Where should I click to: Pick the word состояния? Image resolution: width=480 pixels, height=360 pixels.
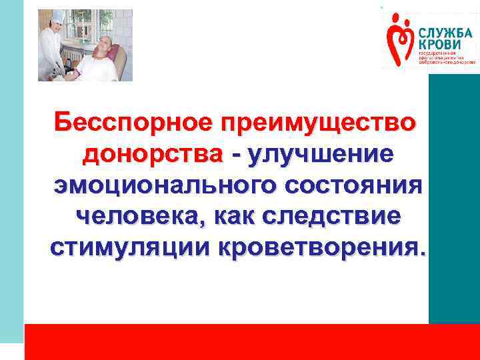tap(359, 185)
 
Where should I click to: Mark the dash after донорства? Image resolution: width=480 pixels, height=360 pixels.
tap(235, 155)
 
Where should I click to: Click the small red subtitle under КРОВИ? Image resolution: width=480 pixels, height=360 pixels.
tap(445, 57)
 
